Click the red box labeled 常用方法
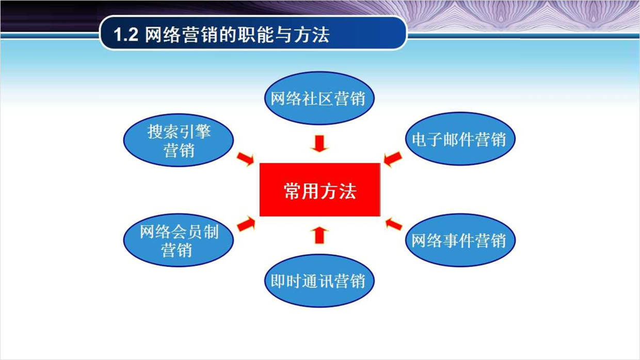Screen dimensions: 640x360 point(319,190)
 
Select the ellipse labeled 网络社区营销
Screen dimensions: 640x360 point(319,98)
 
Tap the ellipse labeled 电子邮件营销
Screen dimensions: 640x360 point(460,139)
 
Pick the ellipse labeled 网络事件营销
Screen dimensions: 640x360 point(460,240)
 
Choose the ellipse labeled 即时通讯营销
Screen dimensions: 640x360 point(319,281)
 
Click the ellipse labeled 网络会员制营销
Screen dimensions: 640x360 point(179,240)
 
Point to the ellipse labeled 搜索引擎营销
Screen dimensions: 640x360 point(179,140)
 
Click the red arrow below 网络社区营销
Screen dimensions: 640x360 point(319,143)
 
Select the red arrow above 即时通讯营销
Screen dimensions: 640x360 point(319,235)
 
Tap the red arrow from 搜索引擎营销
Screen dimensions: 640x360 point(246,159)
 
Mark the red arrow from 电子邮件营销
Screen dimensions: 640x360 point(393,159)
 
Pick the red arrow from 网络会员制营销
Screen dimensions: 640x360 point(246,224)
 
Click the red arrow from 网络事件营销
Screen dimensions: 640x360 point(394,224)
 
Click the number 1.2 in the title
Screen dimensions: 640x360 point(126,35)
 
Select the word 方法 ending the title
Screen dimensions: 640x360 point(311,35)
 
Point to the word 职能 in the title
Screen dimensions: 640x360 point(255,35)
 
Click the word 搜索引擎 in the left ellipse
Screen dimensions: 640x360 point(179,132)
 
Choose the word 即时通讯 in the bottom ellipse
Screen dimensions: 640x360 point(302,281)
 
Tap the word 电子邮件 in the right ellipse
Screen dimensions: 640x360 point(443,139)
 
